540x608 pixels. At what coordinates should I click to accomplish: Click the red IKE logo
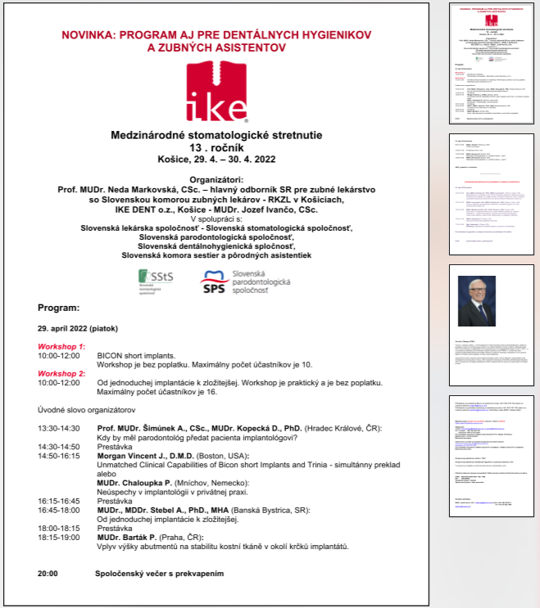point(216,92)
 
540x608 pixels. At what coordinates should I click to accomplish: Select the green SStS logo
point(157,283)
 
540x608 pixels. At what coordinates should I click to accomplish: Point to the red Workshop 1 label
point(61,347)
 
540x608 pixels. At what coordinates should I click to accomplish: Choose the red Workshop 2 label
point(61,373)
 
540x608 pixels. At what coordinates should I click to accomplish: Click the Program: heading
point(59,309)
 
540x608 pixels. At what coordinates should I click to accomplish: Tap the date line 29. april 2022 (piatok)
point(77,328)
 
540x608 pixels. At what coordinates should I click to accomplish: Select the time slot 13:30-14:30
point(59,428)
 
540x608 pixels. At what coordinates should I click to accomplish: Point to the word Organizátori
point(216,178)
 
